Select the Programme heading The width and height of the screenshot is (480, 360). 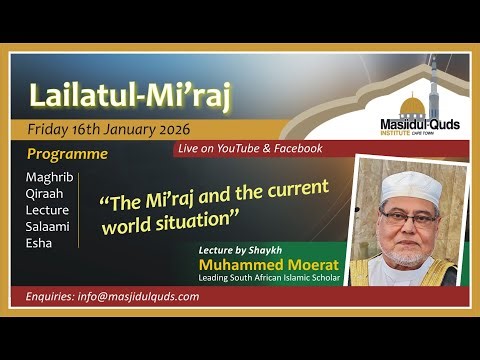[x=67, y=155]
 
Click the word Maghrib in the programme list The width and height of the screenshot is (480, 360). [x=49, y=178]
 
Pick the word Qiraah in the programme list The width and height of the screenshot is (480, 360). [x=45, y=194]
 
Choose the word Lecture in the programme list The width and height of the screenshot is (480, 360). [x=47, y=210]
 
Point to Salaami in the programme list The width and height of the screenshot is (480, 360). [x=48, y=226]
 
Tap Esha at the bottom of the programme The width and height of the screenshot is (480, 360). [x=39, y=242]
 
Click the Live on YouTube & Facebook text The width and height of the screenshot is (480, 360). [x=249, y=148]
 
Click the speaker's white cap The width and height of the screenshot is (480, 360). [x=410, y=185]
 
